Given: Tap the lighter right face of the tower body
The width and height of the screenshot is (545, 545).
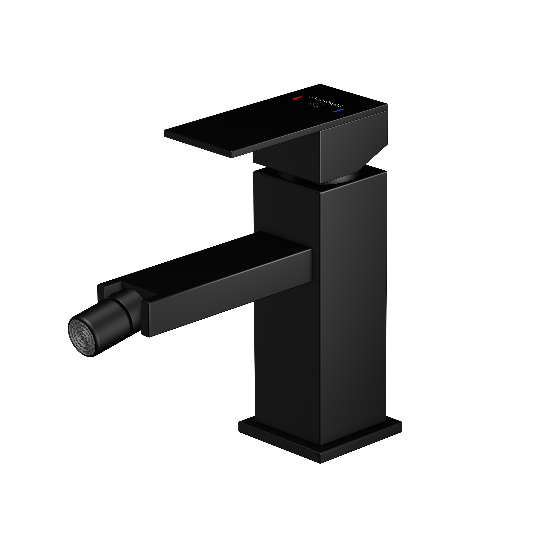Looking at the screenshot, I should [x=353, y=310].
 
